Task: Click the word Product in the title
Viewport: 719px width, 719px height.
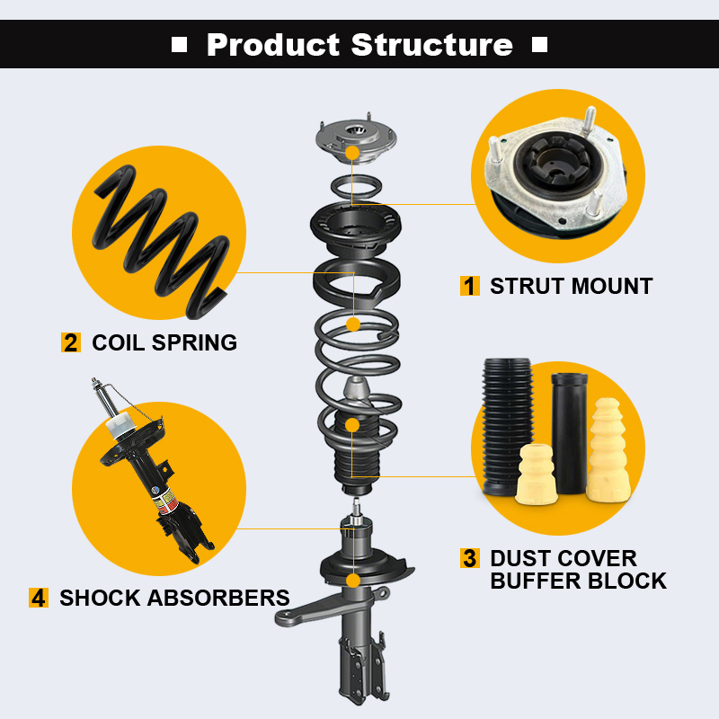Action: tap(273, 45)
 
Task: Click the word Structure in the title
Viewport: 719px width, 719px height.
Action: tap(432, 45)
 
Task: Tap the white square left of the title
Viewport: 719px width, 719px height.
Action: tap(179, 45)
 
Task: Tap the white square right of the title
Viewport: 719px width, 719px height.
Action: tap(540, 45)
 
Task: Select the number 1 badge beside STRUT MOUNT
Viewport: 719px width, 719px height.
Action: tap(469, 286)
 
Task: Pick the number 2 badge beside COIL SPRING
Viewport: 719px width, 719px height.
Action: tap(71, 342)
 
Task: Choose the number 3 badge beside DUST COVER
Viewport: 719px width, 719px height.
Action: tap(469, 558)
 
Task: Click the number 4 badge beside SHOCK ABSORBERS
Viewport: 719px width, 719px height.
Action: tap(39, 598)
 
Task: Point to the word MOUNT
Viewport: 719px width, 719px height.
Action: tap(612, 286)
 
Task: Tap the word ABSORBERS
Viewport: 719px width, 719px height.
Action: tap(218, 598)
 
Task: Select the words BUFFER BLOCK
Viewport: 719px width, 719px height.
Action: tap(578, 581)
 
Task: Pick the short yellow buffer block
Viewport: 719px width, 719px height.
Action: tap(537, 475)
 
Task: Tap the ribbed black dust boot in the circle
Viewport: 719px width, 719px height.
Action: tap(506, 426)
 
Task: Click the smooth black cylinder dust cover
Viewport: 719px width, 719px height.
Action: tap(569, 432)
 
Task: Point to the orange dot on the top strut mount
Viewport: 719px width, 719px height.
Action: tap(352, 153)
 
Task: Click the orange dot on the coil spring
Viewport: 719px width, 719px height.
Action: tap(353, 324)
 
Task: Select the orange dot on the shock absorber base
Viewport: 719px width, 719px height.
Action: tap(353, 581)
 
